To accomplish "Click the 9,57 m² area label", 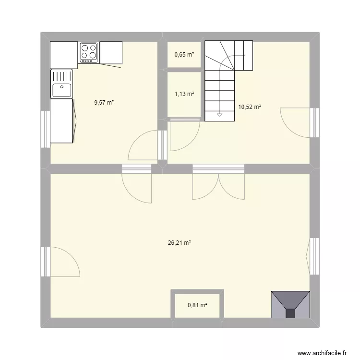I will pos(104,102).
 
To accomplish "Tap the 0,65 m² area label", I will pos(184,55).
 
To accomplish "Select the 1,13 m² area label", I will pos(184,94).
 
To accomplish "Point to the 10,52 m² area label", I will pos(249,107).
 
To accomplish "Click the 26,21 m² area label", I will pos(180,243).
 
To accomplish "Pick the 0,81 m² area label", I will pos(197,305).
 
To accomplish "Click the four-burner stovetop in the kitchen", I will pos(89,52).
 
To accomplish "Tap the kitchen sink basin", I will pos(62,89).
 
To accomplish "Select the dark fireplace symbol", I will pos(290,304).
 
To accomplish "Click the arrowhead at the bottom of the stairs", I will pos(220,115).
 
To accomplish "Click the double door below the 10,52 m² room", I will pos(218,185).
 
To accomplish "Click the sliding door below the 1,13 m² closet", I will pos(184,118).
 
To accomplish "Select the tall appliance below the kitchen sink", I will pos(62,120).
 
